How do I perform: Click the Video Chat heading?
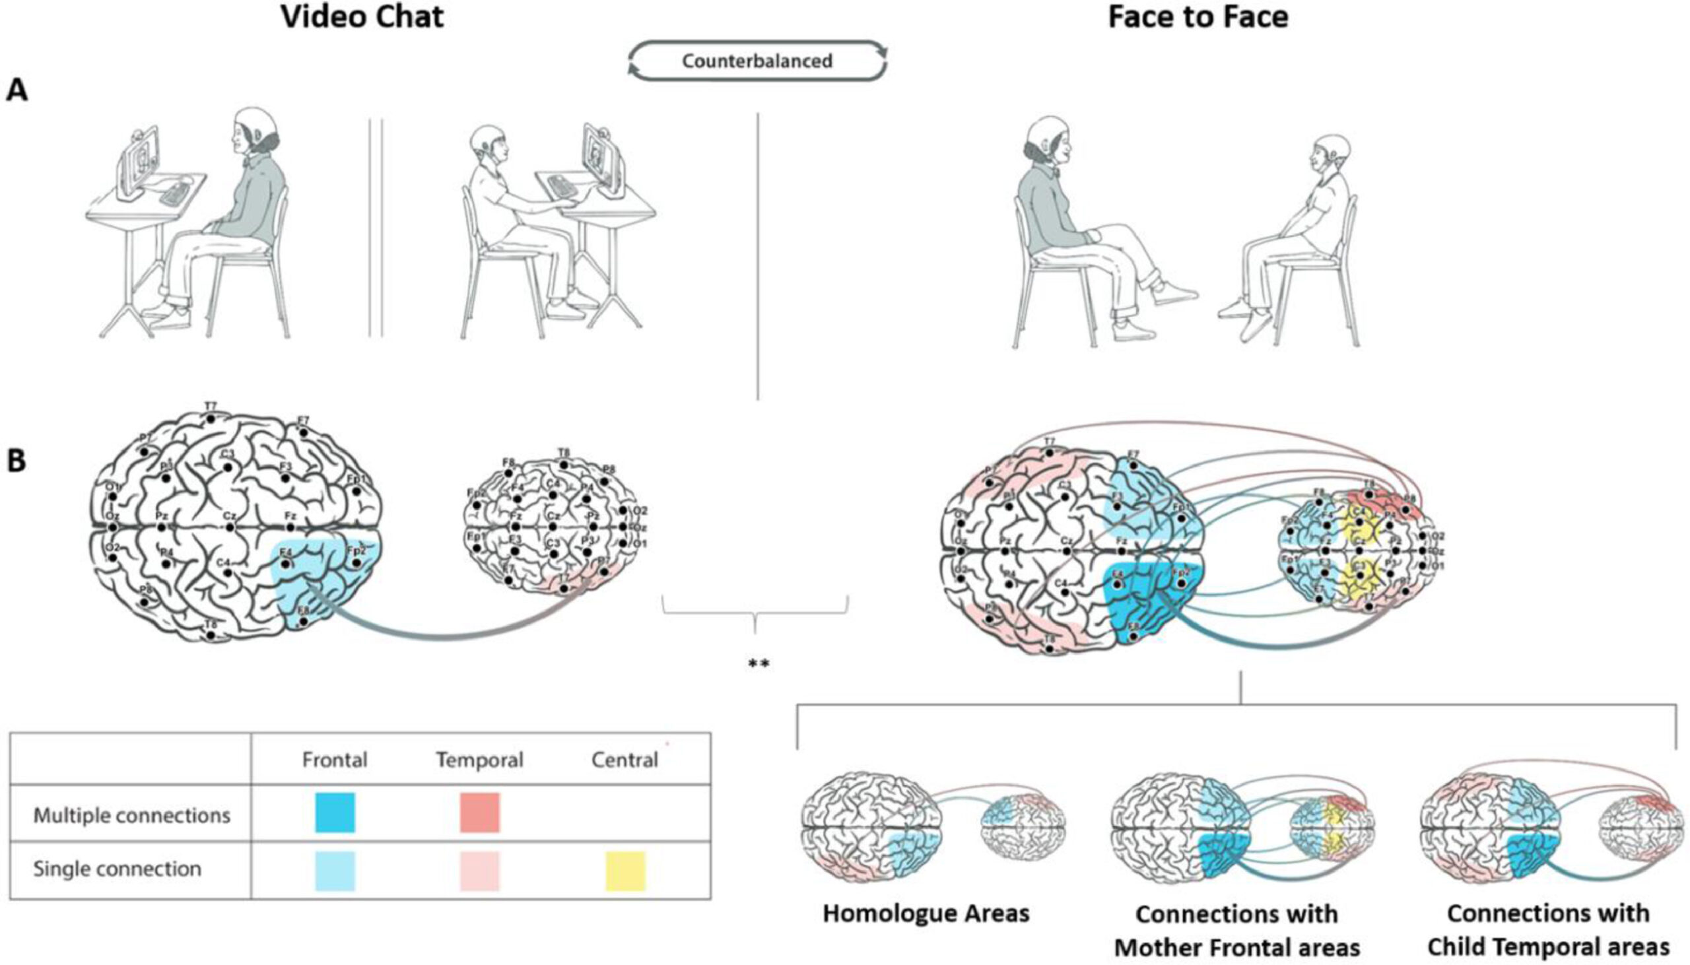tap(362, 17)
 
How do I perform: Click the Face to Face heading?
tap(1198, 17)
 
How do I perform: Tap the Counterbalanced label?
tap(757, 61)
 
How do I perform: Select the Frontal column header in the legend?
tap(335, 760)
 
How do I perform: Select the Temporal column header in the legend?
tap(479, 760)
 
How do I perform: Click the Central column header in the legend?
tap(625, 760)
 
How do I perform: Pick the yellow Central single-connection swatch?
tap(625, 871)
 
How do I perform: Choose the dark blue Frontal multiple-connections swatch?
tap(335, 813)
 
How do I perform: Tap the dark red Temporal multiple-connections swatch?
tap(480, 813)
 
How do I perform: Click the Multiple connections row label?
tap(132, 815)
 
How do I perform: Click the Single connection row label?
tap(118, 869)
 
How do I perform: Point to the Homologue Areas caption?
tap(926, 914)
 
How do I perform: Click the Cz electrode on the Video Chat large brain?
tap(230, 527)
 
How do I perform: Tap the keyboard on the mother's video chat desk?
tap(174, 192)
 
